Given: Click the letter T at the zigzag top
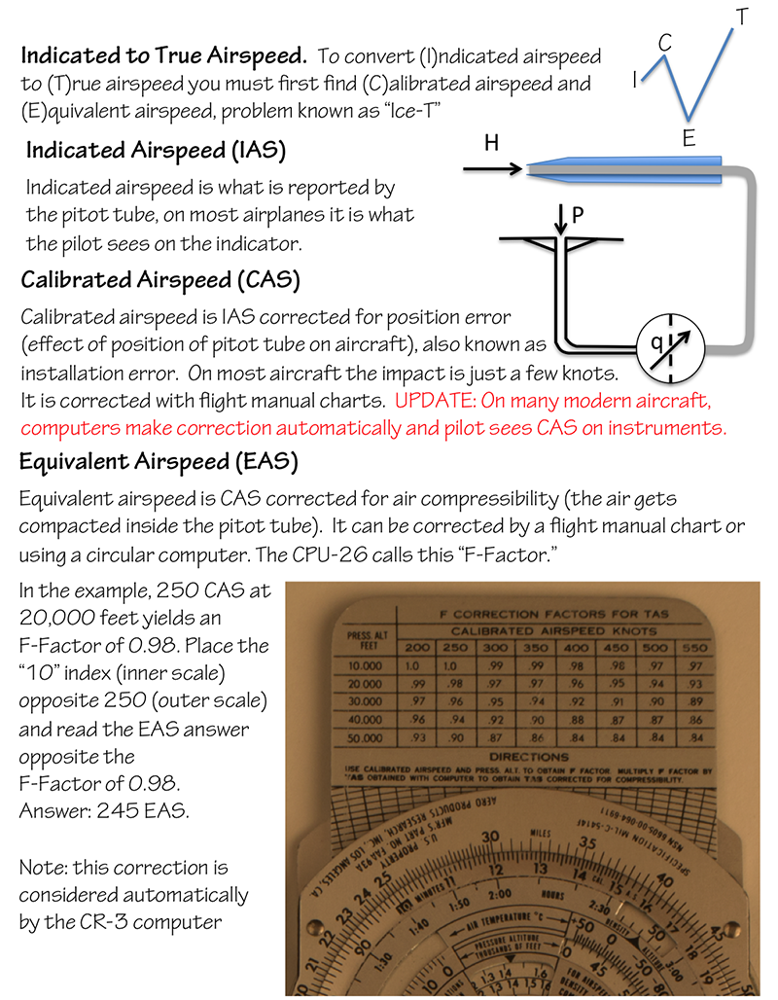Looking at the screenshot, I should point(742,17).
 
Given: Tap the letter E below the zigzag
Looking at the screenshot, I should point(689,138).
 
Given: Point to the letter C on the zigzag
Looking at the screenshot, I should point(665,42).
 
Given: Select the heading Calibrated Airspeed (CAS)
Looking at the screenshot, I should point(160,281).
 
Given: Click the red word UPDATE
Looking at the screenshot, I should point(431,401).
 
